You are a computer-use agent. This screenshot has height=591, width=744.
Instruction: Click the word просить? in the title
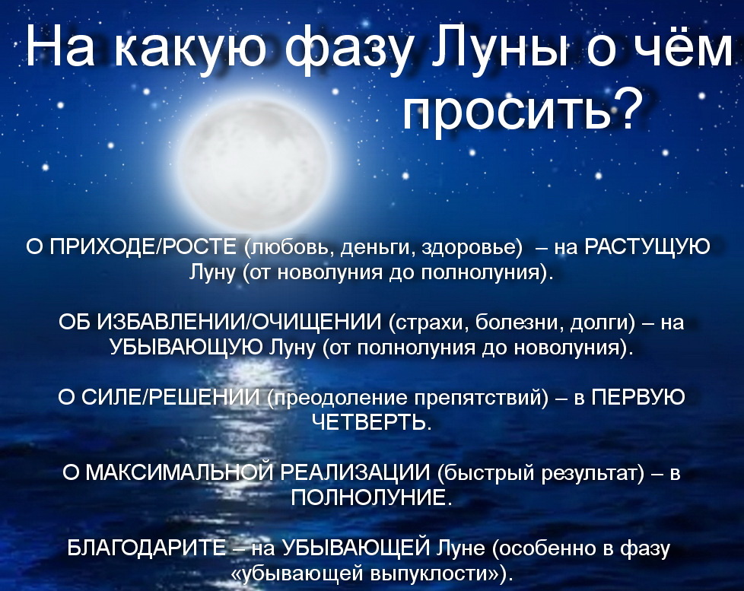517,115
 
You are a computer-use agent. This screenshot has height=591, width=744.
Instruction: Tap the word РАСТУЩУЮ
650,248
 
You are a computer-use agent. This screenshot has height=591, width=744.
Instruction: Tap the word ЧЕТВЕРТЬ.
371,422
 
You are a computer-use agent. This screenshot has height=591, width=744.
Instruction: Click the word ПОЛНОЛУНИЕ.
371,497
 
